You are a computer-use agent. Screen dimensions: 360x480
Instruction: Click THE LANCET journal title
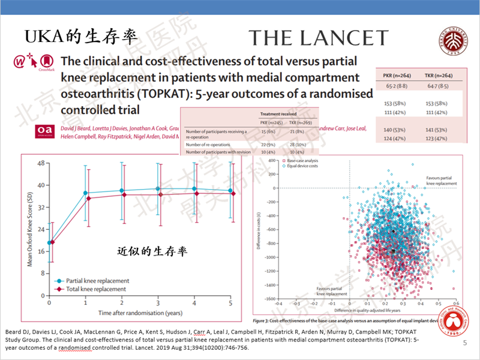[x=319, y=38]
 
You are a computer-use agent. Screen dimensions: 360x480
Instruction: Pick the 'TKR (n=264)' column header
[x=438, y=76]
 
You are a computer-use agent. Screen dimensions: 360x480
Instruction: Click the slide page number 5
[x=466, y=343]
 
